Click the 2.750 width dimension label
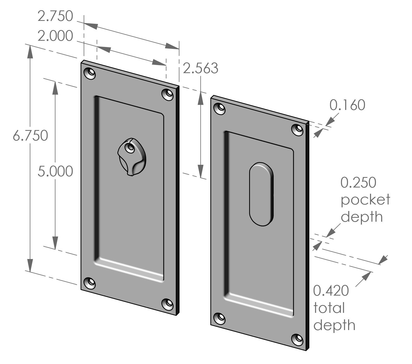pyautogui.click(x=55, y=16)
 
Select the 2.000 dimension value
pyautogui.click(x=55, y=36)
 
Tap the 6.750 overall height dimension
pyautogui.click(x=31, y=136)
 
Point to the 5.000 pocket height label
pyautogui.click(x=55, y=172)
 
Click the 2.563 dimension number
pyautogui.click(x=200, y=68)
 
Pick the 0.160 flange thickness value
pyautogui.click(x=347, y=105)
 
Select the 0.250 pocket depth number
pyautogui.click(x=358, y=182)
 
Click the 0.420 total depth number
pyautogui.click(x=331, y=291)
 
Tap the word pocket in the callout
pyautogui.click(x=365, y=200)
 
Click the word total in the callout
pyautogui.click(x=329, y=308)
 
